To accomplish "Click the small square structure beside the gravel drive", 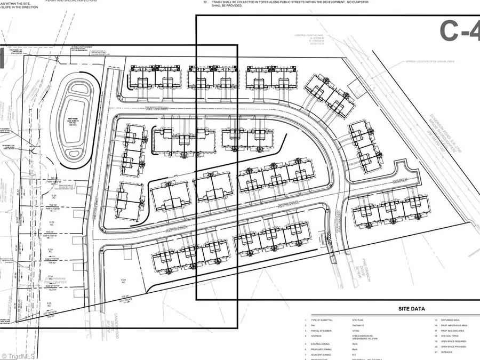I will pyautogui.click(x=352, y=85).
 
